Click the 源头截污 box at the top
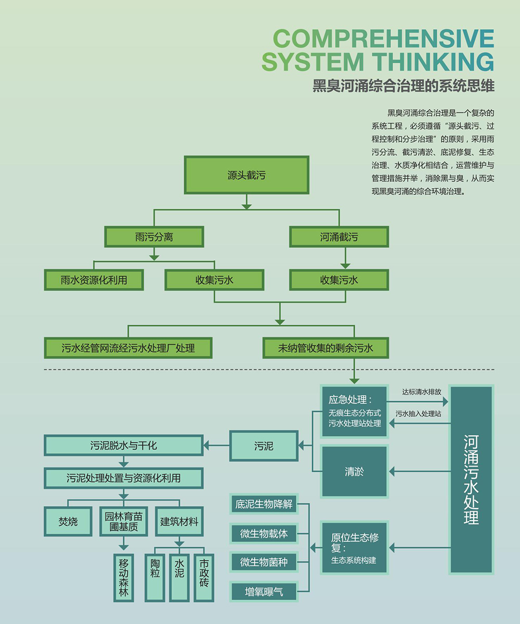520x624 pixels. click(x=246, y=175)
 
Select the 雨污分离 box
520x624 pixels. click(x=154, y=237)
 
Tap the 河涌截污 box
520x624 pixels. click(x=339, y=237)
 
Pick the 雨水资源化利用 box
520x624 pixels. click(x=94, y=280)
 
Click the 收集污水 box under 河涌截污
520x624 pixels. click(x=339, y=280)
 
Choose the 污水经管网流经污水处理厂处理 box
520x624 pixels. click(x=128, y=348)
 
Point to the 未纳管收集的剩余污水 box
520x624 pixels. click(x=326, y=348)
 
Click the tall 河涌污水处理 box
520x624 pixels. click(x=471, y=479)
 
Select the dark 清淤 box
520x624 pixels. click(x=354, y=472)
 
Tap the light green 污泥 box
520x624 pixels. click(x=264, y=446)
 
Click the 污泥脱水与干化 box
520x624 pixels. click(x=123, y=445)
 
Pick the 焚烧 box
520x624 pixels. click(x=68, y=521)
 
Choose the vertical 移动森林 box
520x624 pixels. click(x=123, y=578)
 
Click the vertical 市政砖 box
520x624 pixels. click(x=204, y=578)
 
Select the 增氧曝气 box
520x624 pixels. click(x=264, y=591)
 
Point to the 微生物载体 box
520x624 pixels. click(x=264, y=533)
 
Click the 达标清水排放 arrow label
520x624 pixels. click(x=422, y=391)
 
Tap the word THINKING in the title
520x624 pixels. click(x=430, y=61)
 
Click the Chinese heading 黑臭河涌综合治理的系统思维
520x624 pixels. click(x=404, y=86)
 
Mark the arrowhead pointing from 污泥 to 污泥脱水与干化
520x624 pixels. click(x=206, y=445)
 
